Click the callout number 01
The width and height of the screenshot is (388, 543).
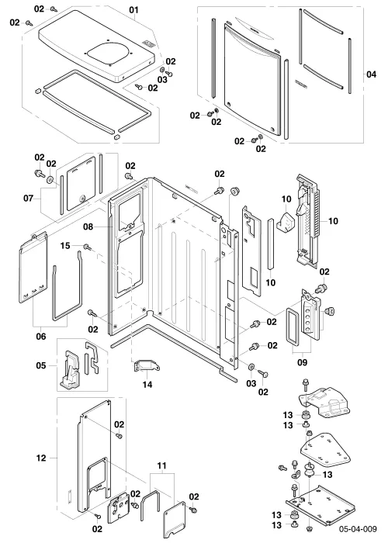(x=133, y=9)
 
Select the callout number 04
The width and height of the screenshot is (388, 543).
(x=371, y=74)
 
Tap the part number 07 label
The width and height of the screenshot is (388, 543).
(x=29, y=199)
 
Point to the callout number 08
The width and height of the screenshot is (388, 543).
(x=88, y=227)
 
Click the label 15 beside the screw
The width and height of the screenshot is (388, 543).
(x=65, y=246)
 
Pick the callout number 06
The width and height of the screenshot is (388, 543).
(x=41, y=336)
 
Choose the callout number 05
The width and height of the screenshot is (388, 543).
(x=41, y=365)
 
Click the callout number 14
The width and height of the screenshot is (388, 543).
(x=147, y=385)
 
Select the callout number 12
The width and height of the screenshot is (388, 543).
(x=41, y=458)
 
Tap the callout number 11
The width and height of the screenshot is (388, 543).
(x=161, y=466)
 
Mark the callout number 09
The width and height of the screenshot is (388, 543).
(x=303, y=362)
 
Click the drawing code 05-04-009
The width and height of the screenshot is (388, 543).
(x=358, y=529)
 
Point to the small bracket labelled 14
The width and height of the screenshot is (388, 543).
(x=147, y=365)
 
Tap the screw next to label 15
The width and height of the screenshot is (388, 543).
(x=87, y=247)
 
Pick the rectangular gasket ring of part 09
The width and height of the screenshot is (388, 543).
(x=293, y=327)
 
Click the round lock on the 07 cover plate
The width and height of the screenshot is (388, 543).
(x=82, y=199)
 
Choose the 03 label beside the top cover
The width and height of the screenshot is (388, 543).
(x=162, y=80)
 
